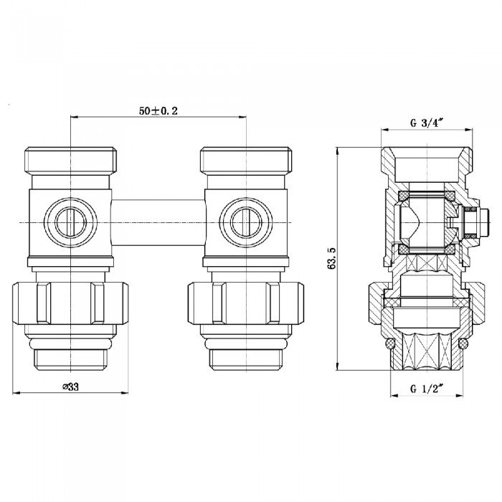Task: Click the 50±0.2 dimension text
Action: [x=158, y=112]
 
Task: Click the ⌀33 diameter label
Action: [x=70, y=387]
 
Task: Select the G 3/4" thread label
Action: [x=424, y=123]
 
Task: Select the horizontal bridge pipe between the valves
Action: [x=159, y=219]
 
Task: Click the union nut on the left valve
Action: [x=70, y=303]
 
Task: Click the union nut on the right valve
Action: [x=247, y=303]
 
